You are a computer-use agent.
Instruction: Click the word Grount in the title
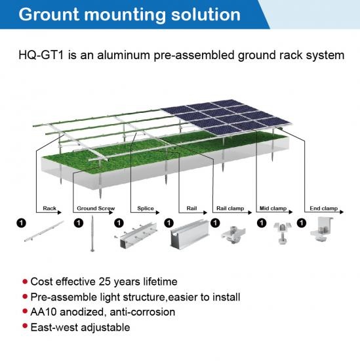click(49, 14)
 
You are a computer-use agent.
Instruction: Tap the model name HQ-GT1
click(41, 55)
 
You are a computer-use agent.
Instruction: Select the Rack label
click(49, 208)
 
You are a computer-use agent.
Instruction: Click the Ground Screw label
click(96, 208)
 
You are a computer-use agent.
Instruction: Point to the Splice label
click(146, 208)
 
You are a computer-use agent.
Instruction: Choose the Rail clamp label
click(230, 208)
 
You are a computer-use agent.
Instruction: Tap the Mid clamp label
click(273, 208)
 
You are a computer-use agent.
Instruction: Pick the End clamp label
click(324, 208)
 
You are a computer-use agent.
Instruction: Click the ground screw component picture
click(92, 234)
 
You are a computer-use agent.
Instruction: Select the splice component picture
click(136, 234)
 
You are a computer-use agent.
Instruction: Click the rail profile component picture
click(190, 233)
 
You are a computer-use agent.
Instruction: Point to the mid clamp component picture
click(282, 232)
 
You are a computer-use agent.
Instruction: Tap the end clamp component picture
click(321, 229)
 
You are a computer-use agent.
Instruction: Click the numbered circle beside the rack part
click(22, 223)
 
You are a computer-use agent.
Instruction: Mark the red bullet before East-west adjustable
click(25, 326)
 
